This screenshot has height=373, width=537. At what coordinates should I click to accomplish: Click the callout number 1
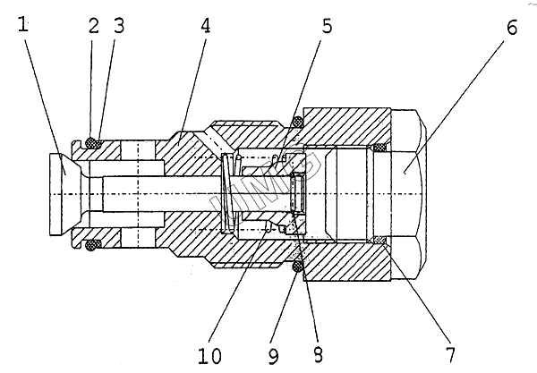23,25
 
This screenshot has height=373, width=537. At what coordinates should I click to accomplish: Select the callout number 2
92,25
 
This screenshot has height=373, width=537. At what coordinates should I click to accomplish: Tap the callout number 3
117,25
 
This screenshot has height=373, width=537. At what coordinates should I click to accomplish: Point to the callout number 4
206,25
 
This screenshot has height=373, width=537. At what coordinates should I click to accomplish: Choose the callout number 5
328,26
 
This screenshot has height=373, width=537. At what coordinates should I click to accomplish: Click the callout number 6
511,27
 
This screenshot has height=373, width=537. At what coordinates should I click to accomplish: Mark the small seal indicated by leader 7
379,238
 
